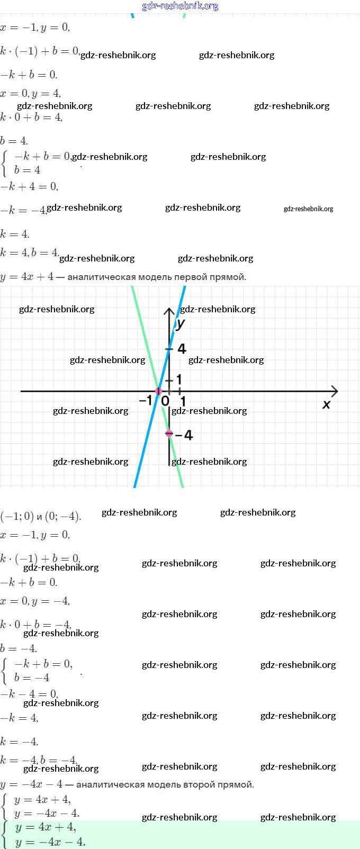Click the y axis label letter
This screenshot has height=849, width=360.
(x=181, y=323)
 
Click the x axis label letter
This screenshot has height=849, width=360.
(x=326, y=404)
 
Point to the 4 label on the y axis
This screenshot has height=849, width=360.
(x=182, y=349)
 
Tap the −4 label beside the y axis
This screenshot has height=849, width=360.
(x=184, y=435)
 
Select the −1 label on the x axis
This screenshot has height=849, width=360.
(x=145, y=401)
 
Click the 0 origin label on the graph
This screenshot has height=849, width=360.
(x=165, y=401)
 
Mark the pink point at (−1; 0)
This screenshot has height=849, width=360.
(x=158, y=391)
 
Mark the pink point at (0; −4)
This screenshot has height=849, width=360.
(x=169, y=433)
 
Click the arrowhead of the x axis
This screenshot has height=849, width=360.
(x=334, y=391)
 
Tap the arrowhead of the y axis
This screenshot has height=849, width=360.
(x=169, y=311)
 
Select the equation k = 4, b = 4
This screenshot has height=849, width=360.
(x=30, y=253)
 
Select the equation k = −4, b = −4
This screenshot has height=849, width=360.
(x=39, y=761)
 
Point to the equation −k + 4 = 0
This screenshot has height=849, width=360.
(x=29, y=186)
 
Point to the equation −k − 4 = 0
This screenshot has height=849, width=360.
(x=29, y=694)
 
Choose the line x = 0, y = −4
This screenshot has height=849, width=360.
(x=35, y=601)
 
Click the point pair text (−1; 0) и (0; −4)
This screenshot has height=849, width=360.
(x=41, y=517)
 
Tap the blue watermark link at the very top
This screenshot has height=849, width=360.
(x=180, y=6)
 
